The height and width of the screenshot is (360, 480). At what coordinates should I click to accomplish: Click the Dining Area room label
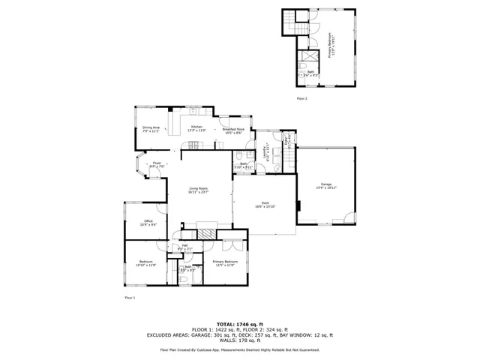pyautogui.click(x=151, y=129)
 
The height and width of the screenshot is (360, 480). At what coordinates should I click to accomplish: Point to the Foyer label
pyautogui.click(x=157, y=164)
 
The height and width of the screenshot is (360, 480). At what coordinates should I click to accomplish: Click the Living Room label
pyautogui.click(x=198, y=190)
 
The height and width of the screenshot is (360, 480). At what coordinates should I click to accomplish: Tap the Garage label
pyautogui.click(x=326, y=185)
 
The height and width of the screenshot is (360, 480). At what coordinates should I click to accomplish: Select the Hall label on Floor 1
pyautogui.click(x=184, y=247)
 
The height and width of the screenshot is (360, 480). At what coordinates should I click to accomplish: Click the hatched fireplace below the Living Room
pyautogui.click(x=207, y=234)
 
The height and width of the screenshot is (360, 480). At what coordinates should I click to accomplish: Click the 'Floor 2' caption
pyautogui.click(x=302, y=98)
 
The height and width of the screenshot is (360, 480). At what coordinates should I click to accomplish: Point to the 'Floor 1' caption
pyautogui.click(x=130, y=298)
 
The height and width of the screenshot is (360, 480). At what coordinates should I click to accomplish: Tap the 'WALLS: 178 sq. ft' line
pyautogui.click(x=239, y=341)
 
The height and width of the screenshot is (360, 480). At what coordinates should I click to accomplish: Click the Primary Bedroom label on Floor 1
pyautogui.click(x=225, y=263)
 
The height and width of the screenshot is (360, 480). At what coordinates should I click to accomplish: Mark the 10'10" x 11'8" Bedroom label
pyautogui.click(x=145, y=263)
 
